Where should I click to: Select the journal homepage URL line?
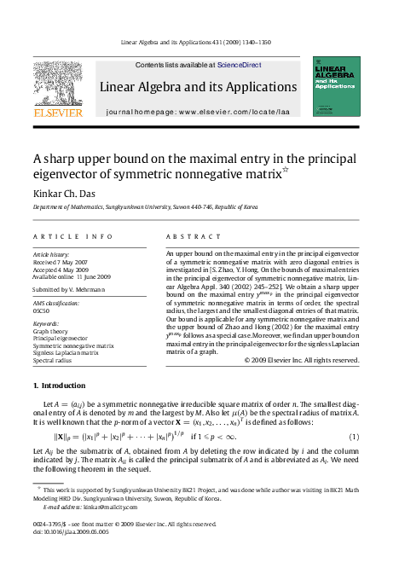pyautogui.click(x=198, y=112)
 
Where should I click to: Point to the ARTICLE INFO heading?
pyautogui.click(x=72, y=236)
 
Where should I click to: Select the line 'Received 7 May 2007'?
pyautogui.click(x=60, y=261)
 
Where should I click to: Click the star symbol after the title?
pyautogui.click(x=285, y=170)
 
